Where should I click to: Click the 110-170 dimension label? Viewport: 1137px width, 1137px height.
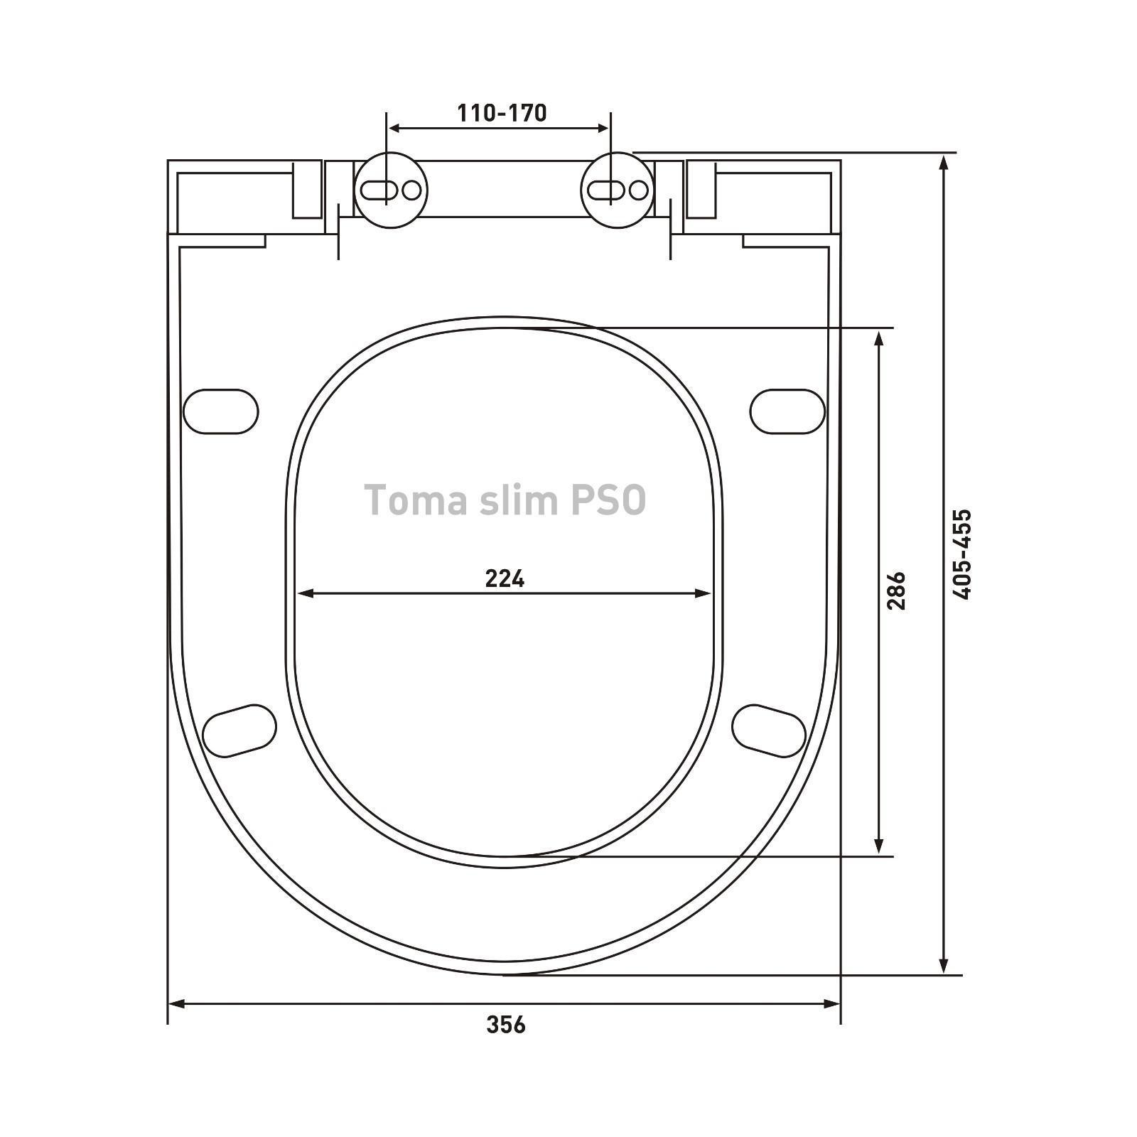coord(502,113)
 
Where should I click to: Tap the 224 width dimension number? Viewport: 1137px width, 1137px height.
coord(505,579)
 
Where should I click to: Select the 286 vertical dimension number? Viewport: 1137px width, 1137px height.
coord(896,591)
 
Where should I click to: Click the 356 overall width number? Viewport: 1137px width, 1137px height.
coord(506,1025)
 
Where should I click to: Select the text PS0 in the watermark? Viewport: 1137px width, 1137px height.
coord(608,500)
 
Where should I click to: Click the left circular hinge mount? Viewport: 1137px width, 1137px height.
coord(391,190)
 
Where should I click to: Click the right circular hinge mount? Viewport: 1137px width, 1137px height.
coord(618,190)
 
